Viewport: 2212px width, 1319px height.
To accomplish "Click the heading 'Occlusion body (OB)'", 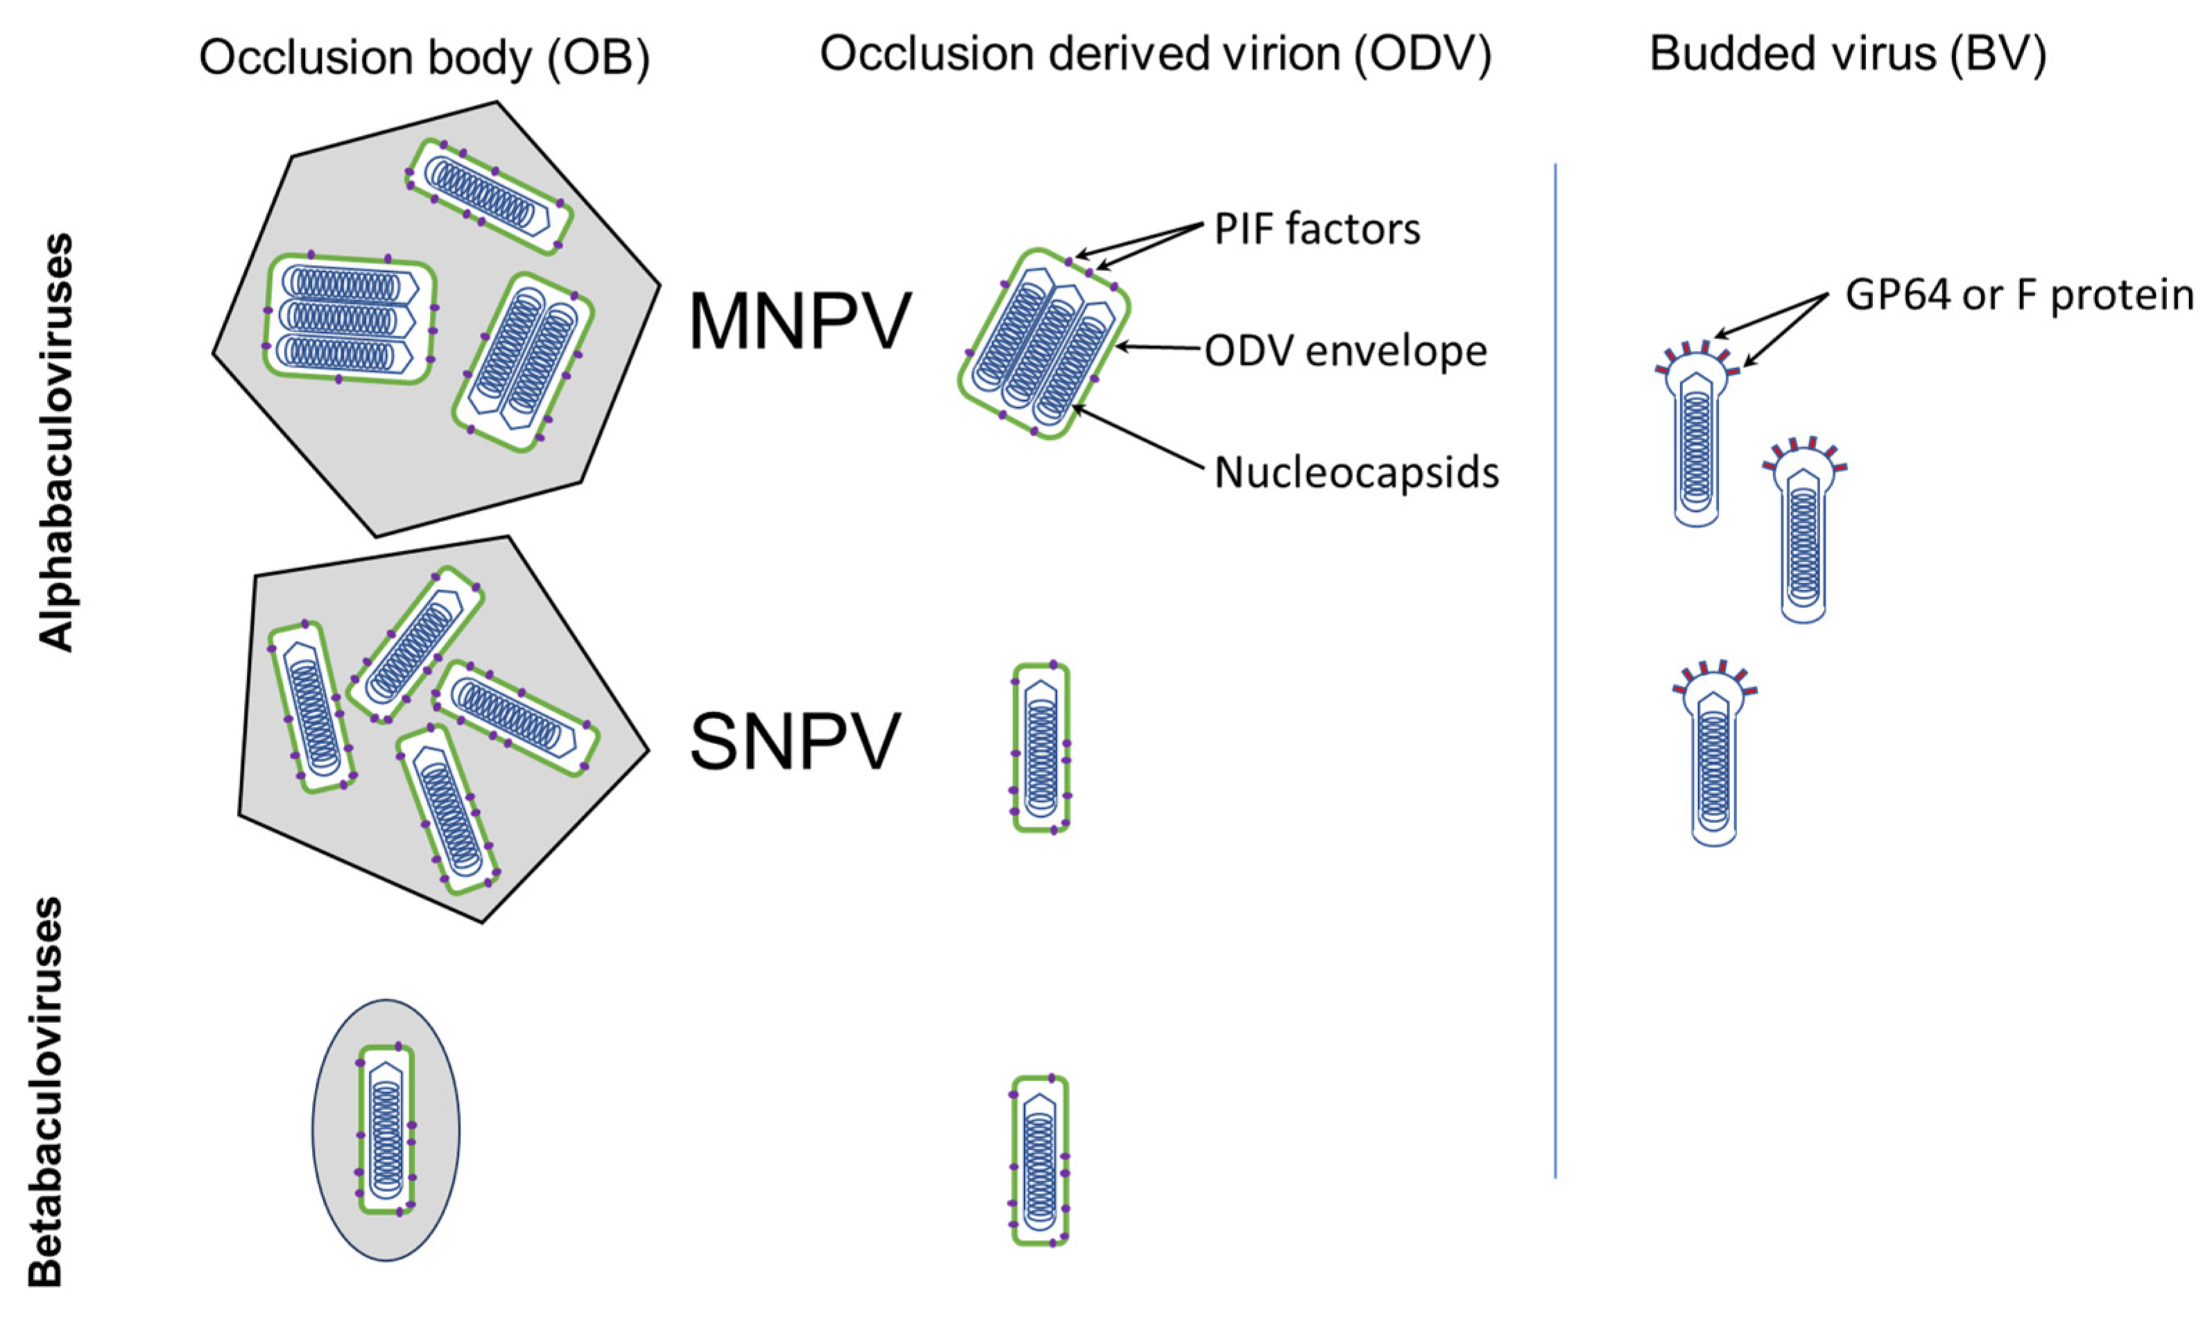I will (424, 59).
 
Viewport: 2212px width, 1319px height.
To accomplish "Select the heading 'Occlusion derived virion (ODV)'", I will (1155, 55).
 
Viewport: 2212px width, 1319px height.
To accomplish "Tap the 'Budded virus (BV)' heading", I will (1848, 55).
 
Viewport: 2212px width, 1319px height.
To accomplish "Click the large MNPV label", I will (799, 322).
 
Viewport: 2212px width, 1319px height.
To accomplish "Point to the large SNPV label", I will (795, 742).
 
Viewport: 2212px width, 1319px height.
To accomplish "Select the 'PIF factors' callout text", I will (1316, 230).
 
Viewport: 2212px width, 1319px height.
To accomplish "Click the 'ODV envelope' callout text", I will (1345, 351).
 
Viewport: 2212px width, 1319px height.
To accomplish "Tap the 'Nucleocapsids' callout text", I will (1356, 473).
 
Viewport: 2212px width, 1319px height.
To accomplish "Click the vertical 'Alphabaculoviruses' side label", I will (57, 442).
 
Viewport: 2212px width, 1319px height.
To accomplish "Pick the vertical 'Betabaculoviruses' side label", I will (46, 1092).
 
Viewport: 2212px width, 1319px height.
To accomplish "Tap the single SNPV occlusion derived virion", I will (1041, 748).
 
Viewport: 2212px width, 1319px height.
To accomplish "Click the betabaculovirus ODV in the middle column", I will (1039, 1160).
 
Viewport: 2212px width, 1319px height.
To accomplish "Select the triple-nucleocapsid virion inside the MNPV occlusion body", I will (349, 318).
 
